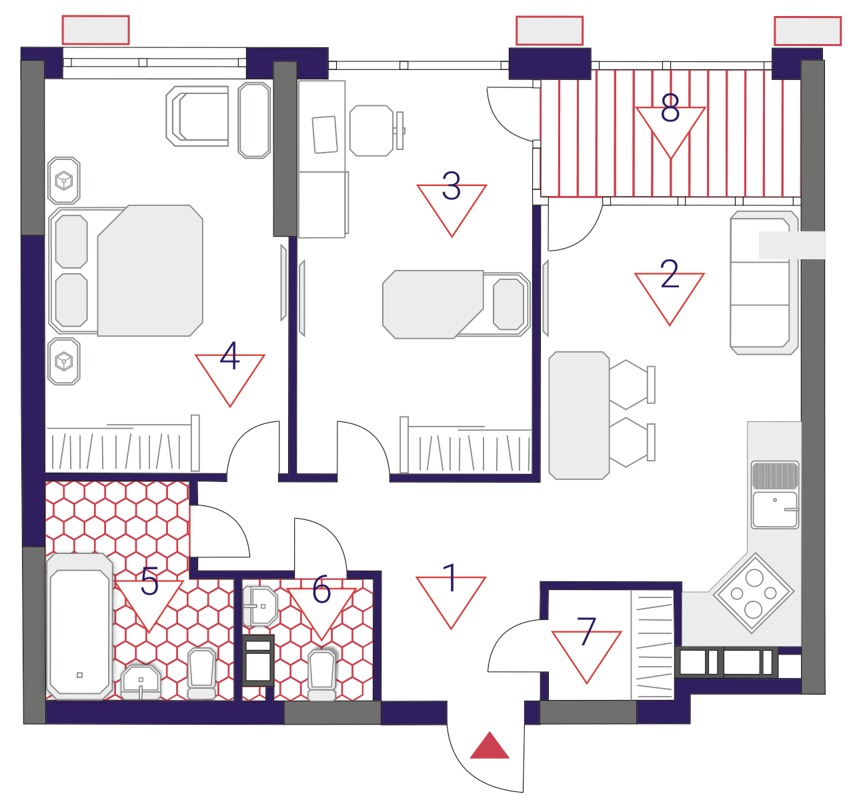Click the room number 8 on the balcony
click(x=670, y=108)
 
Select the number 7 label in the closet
click(x=586, y=632)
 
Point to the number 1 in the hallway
click(x=451, y=577)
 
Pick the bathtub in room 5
click(x=79, y=627)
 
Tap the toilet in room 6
click(x=321, y=676)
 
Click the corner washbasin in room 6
click(x=260, y=607)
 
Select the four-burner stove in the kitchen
click(x=754, y=593)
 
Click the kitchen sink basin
click(x=775, y=510)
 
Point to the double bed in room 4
click(x=126, y=271)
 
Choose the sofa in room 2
click(x=764, y=283)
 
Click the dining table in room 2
click(x=579, y=416)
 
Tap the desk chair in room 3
click(x=375, y=130)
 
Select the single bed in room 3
click(x=456, y=305)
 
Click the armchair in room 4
click(x=197, y=116)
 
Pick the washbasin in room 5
click(x=141, y=682)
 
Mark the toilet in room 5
click(x=201, y=673)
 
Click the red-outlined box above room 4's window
click(x=95, y=30)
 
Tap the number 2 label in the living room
click(x=670, y=274)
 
